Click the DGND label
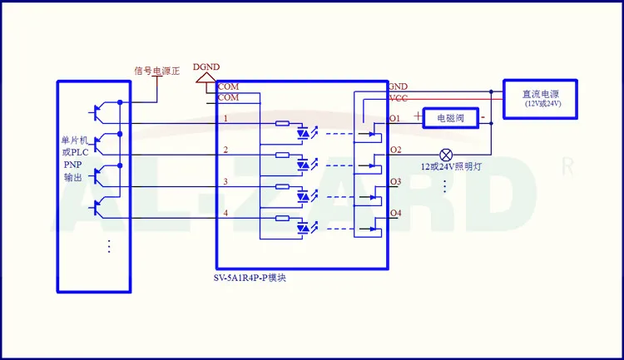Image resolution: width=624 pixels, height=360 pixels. coord(206,67)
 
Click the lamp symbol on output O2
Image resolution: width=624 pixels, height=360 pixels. coord(446,155)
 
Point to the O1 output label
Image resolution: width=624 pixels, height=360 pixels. coord(394,118)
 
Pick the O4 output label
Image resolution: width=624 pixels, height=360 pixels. coord(395,213)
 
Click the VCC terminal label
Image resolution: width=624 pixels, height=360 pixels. coord(399,99)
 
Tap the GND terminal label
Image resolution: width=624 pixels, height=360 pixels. coord(398,86)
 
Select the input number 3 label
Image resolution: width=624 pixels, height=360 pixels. coord(225,182)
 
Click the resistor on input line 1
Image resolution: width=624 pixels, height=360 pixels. coord(282,123)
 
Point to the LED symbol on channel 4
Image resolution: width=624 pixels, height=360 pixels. coord(303,228)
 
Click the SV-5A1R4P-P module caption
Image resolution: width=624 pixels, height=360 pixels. coord(250,278)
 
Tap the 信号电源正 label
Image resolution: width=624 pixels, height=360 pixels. coord(156,72)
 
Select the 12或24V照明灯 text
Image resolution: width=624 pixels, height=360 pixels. coord(451,166)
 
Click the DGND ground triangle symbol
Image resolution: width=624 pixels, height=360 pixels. coord(206,77)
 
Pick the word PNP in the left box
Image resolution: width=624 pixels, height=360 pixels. coord(72,165)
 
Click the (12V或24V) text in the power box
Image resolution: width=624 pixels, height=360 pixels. coord(542,104)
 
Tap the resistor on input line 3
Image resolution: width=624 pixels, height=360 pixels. coord(282,186)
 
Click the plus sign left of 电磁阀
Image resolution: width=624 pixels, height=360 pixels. coord(418,116)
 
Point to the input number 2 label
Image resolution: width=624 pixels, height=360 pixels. coord(225,150)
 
